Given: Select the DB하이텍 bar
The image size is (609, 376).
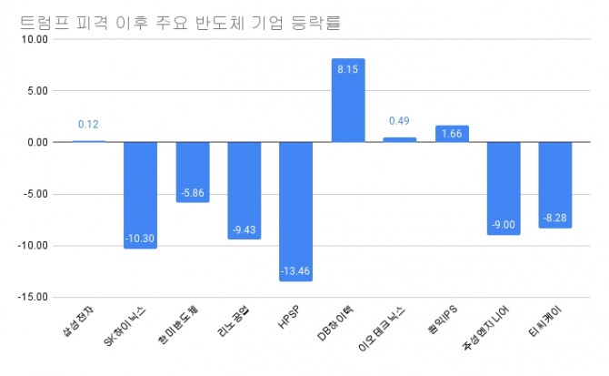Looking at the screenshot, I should tap(348, 100).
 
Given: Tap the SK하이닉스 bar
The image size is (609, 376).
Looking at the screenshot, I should tap(141, 195).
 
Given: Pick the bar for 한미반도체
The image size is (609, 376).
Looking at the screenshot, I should tap(193, 172).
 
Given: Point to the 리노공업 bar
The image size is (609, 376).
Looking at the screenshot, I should tap(245, 190).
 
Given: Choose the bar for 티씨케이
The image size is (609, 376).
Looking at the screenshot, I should tap(555, 185).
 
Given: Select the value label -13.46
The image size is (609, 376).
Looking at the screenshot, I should tap(296, 271).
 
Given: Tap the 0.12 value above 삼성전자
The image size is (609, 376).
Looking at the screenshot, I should tap(89, 124).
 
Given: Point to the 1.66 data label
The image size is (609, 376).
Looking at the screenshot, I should tap(452, 135).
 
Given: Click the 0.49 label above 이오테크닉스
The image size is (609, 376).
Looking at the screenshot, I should tap(400, 121).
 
